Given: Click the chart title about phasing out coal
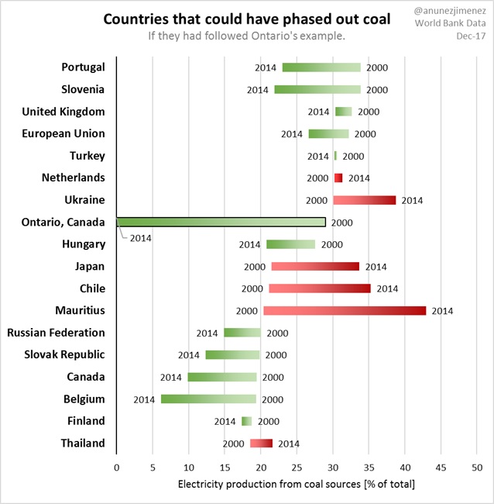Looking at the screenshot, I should pyautogui.click(x=246, y=19).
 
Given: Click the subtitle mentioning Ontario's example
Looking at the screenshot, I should pyautogui.click(x=246, y=37).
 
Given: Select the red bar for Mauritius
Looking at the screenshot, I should pyautogui.click(x=345, y=311).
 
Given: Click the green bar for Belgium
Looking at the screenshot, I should pyautogui.click(x=208, y=399).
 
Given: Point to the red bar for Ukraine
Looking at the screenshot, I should pyautogui.click(x=364, y=200).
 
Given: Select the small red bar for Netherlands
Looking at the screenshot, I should pyautogui.click(x=338, y=178).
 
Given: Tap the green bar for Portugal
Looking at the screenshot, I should pyautogui.click(x=321, y=67).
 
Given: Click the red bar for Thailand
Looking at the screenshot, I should pyautogui.click(x=261, y=444).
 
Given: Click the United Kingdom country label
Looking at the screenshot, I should pyautogui.click(x=63, y=112).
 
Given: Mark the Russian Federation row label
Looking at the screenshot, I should pyautogui.click(x=56, y=333).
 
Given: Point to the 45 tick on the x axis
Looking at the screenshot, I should pyautogui.click(x=441, y=468).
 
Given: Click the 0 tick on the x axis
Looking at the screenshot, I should pyautogui.click(x=116, y=468).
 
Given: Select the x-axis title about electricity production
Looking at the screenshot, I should pyautogui.click(x=297, y=485).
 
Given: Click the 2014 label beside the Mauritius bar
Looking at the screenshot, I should pyautogui.click(x=441, y=311).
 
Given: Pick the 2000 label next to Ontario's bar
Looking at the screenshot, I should pyautogui.click(x=341, y=223).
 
